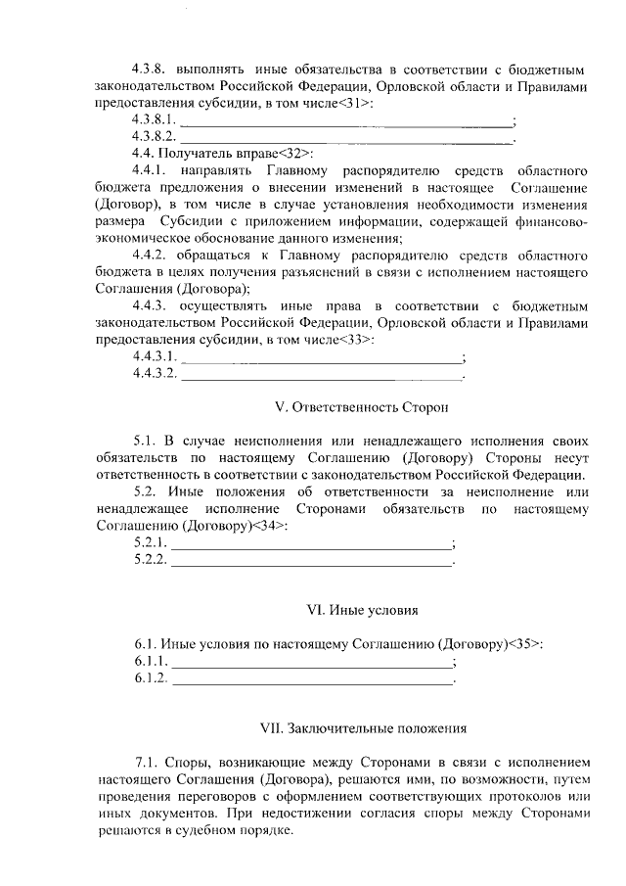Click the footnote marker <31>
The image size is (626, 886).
tap(354, 103)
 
